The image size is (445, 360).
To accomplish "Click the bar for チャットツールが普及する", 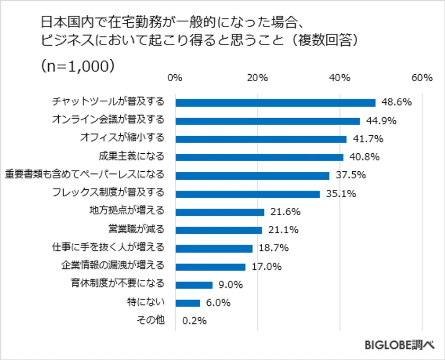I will pos(275,103).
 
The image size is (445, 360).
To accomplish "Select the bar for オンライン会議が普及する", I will pos(268,121).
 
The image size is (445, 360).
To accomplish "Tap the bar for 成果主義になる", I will pos(259,157).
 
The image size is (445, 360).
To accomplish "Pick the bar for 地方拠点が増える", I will pos(219,212).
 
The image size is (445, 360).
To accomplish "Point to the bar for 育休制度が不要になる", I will pos(193,285).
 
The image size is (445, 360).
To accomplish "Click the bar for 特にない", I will pos(188,303).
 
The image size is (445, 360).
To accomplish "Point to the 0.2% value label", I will pos(194,321).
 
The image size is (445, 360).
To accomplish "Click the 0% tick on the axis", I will pos(175,78).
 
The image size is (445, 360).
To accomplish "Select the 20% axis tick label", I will pos(257,78).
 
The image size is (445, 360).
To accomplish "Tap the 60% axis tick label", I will pos(422,78).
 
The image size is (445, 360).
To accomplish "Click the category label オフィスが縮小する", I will pos(122,138).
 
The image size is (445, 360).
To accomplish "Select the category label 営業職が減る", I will pos(136,230).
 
